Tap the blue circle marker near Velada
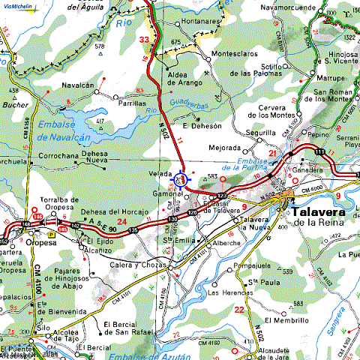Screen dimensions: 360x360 (x=181, y=179)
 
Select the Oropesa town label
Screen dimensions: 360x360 (x=42, y=243)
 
